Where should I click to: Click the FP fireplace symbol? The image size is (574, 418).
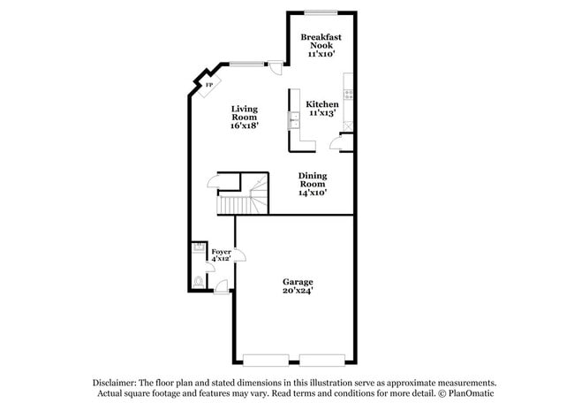[x=208, y=85]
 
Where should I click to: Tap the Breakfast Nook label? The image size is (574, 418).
[x=320, y=45]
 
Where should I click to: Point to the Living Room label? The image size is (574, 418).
[x=245, y=118]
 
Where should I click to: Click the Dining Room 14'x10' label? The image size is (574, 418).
[x=313, y=183]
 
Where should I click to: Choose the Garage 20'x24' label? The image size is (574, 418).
[x=298, y=286]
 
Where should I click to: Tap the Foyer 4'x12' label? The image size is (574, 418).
[x=221, y=257]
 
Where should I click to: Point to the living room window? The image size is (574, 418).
[x=246, y=63]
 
